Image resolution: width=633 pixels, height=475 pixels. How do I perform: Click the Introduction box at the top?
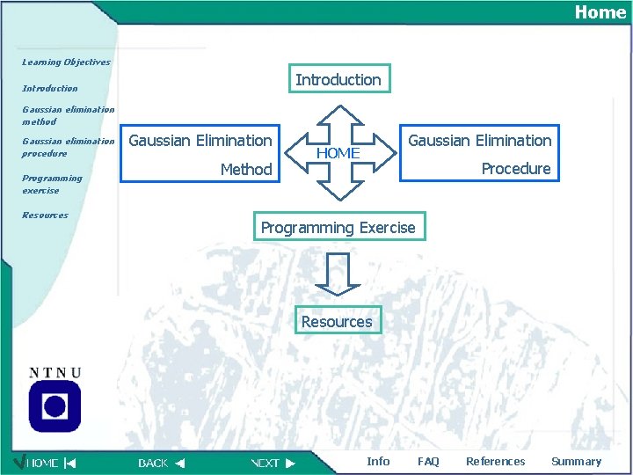[338, 79]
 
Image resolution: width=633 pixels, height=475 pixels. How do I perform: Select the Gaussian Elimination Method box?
[201, 154]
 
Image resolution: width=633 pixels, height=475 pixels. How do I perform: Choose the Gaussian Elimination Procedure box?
[479, 154]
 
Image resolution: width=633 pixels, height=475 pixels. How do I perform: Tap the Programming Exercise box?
[338, 228]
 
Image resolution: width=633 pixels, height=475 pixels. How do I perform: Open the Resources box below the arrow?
[337, 322]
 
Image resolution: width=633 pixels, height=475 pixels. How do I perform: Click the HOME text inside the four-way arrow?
[338, 153]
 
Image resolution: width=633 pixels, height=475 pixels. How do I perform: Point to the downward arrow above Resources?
[337, 273]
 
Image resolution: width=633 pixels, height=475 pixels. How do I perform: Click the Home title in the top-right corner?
[600, 11]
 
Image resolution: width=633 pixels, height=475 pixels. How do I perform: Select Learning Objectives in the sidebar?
[66, 62]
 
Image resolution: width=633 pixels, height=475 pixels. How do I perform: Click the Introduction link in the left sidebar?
[49, 89]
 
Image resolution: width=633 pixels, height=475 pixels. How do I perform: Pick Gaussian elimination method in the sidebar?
[68, 116]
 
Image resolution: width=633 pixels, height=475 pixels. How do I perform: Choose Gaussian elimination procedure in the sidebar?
[68, 147]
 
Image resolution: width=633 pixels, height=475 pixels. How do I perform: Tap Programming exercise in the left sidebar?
[52, 184]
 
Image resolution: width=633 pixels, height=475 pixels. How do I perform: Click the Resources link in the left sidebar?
[45, 216]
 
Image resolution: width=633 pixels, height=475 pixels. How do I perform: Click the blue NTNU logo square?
[55, 406]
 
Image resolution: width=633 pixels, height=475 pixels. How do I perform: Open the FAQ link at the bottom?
[428, 462]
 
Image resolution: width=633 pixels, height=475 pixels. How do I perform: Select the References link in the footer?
[495, 462]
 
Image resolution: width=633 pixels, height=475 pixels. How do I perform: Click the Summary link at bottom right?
[576, 462]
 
